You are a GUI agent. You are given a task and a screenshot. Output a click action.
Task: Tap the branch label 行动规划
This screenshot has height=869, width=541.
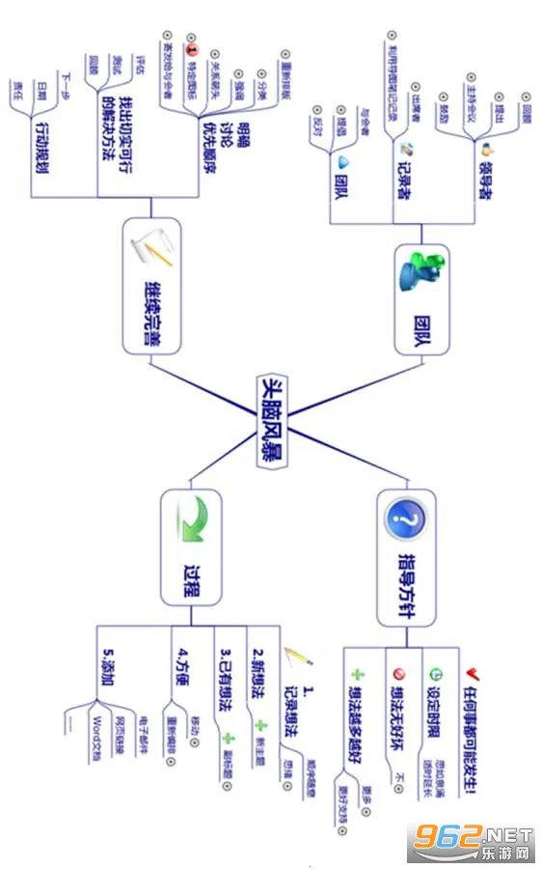pyautogui.click(x=42, y=147)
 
